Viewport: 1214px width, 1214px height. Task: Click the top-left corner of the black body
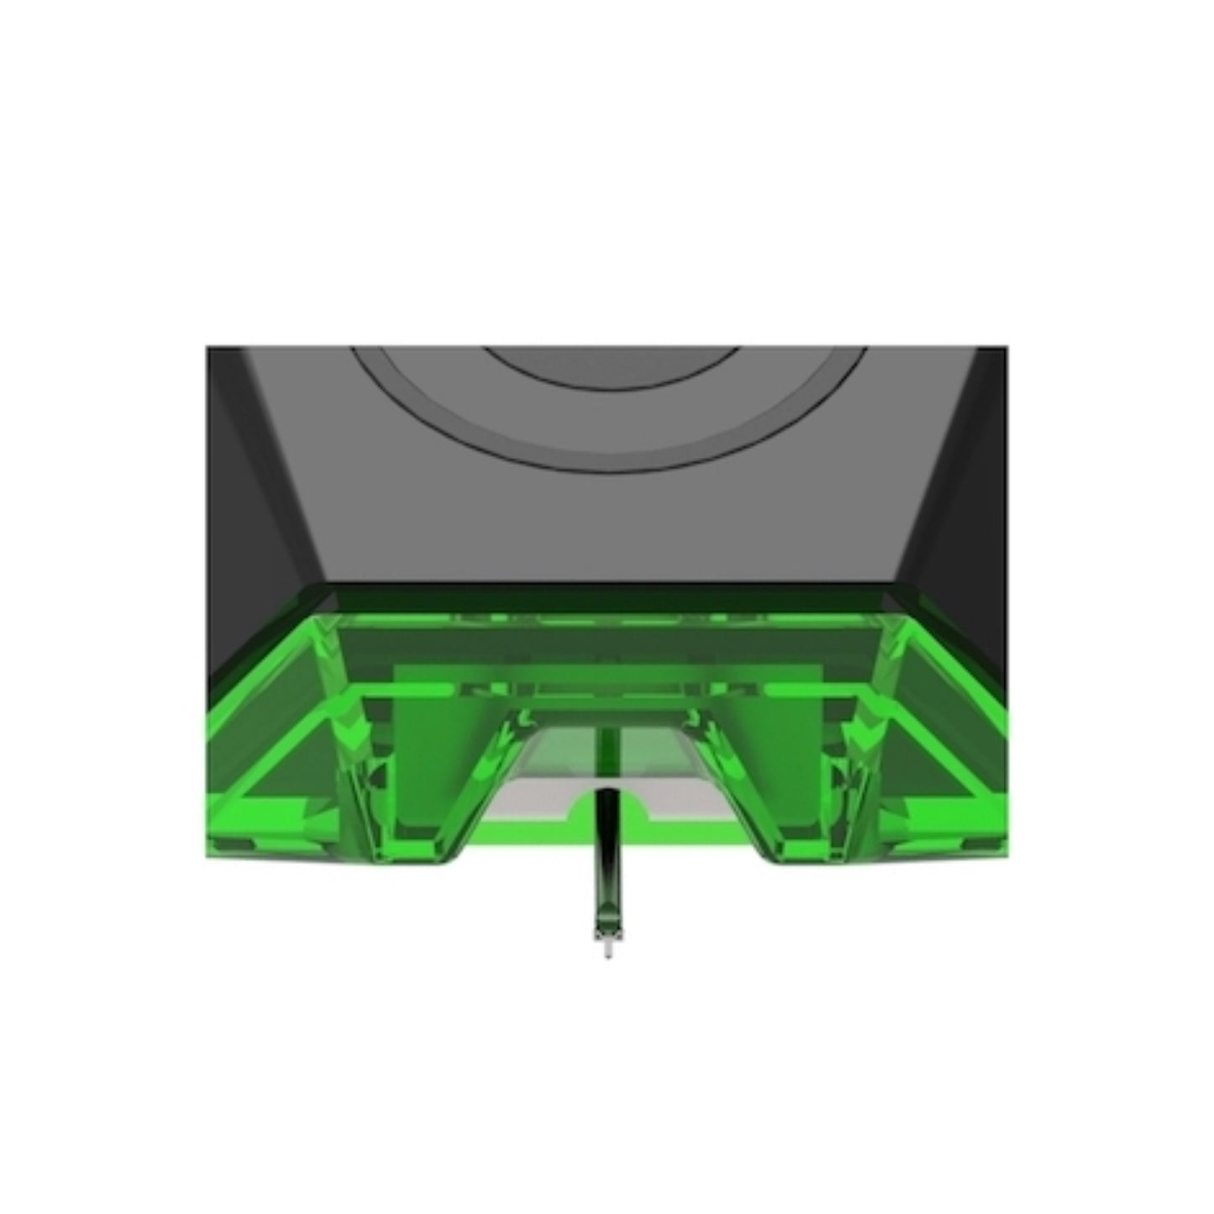208,348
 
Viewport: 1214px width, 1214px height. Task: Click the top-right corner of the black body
1005,348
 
